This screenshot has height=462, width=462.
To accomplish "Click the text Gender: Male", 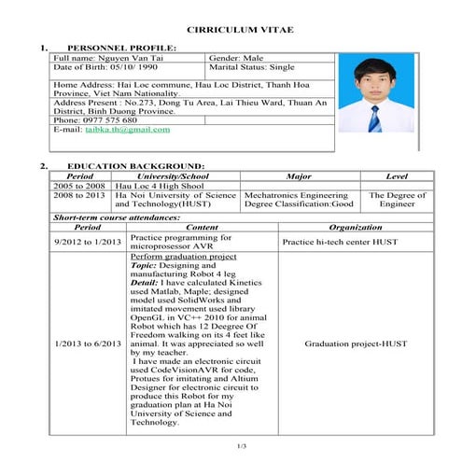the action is tap(241, 58).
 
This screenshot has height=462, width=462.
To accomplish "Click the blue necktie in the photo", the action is tap(375, 118).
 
